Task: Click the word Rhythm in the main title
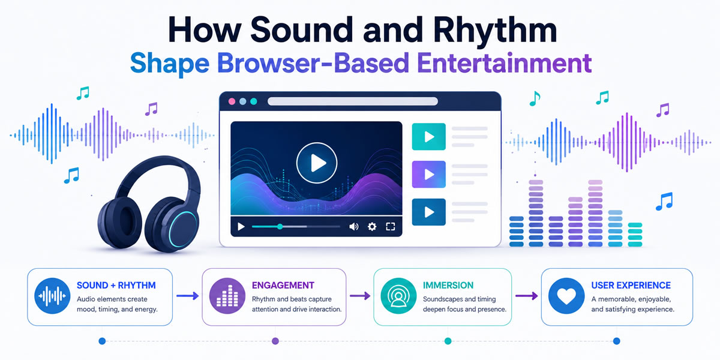coord(494,31)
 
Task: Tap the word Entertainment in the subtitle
coord(505,63)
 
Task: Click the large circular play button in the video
coord(317,163)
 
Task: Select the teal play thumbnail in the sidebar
coord(429,137)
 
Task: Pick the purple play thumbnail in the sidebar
coord(429,174)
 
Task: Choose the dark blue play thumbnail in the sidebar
coord(429,212)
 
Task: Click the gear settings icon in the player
coord(372,227)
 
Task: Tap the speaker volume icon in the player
coord(353,227)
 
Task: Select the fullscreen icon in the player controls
coord(390,227)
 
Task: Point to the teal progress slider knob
coord(280,227)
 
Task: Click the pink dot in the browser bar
coord(232,101)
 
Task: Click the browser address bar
coord(353,101)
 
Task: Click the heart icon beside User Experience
coord(566,296)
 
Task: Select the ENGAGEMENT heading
coord(283,286)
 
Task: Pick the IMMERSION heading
coord(448,286)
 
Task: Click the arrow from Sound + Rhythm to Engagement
coord(187,296)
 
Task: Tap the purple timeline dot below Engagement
coord(275,341)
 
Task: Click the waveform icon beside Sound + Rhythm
coord(52,296)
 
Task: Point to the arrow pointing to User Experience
coord(527,296)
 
